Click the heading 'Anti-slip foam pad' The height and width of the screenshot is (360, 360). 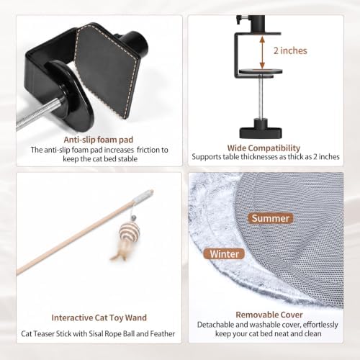[x=99, y=140]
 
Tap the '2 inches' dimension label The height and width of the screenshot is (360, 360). [x=290, y=50]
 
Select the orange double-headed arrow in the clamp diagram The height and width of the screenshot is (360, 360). [x=262, y=52]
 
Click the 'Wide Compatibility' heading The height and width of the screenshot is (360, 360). [x=264, y=148]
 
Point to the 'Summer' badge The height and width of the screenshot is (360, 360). [x=271, y=218]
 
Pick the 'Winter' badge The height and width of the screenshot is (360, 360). [x=224, y=254]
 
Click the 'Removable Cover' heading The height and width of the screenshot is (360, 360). [x=269, y=315]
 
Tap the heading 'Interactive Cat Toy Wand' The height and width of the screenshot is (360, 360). [x=99, y=318]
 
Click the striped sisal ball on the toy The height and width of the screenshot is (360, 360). [x=129, y=231]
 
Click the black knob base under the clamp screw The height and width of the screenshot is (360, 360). [x=261, y=129]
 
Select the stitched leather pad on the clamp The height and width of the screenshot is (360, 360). [x=107, y=71]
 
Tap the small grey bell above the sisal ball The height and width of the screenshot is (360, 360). [x=132, y=218]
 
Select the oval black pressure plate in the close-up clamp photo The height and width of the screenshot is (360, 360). [x=70, y=96]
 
